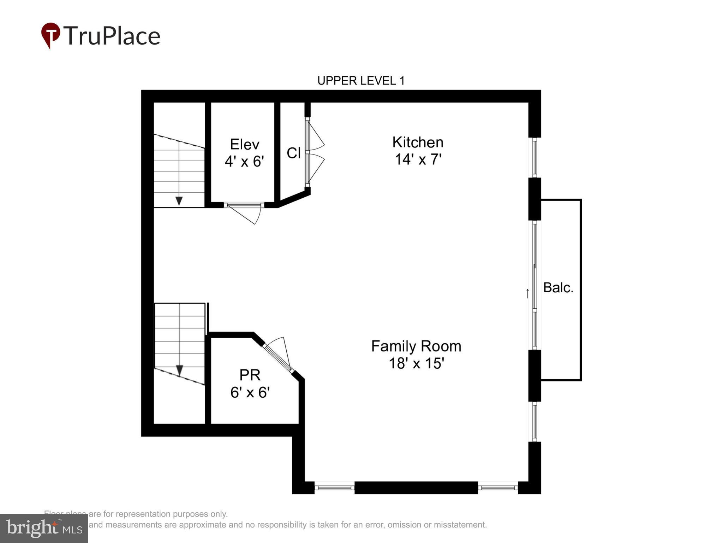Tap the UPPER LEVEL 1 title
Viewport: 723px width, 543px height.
click(361, 81)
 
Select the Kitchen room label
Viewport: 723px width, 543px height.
click(418, 142)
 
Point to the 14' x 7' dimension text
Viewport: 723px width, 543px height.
click(418, 159)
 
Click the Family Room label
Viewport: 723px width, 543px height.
click(416, 346)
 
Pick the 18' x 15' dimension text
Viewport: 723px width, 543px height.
click(416, 363)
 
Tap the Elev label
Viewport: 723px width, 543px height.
click(244, 144)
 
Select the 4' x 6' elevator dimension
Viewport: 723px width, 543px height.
click(244, 162)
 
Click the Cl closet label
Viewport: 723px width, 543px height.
click(293, 153)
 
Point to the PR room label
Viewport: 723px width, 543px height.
click(250, 375)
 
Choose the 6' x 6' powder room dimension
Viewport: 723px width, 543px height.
click(250, 392)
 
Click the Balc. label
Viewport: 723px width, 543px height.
click(558, 287)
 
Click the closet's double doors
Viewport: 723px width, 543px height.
click(314, 153)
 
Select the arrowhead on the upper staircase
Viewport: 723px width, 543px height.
click(179, 201)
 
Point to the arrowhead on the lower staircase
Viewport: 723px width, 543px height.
click(179, 370)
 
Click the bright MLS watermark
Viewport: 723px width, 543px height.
click(44, 529)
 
